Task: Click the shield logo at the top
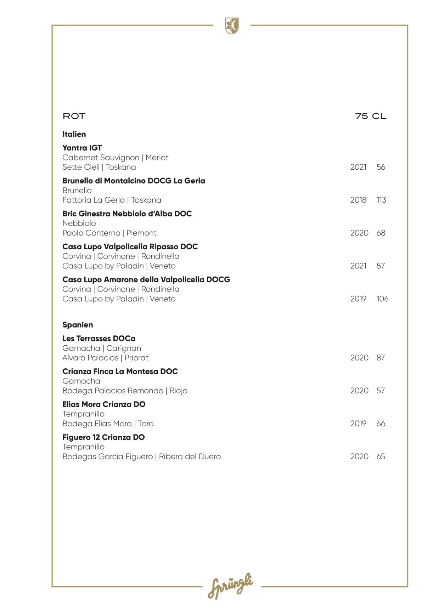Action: point(232,26)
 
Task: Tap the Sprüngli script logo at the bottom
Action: point(230,586)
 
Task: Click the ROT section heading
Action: point(74,116)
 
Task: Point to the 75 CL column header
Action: point(371,116)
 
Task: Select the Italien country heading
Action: point(74,134)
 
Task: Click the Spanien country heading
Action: point(78,325)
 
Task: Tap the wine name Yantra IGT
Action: point(82,148)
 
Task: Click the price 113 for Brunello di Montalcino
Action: point(381,200)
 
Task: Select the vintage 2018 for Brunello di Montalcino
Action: point(358,200)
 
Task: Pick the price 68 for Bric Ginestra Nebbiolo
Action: point(381,233)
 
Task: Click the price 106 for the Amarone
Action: point(382,299)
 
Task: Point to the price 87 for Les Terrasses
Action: point(381,358)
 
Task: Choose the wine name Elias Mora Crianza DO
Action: point(104,404)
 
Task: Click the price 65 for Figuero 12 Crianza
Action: point(381,457)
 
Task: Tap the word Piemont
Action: point(141,233)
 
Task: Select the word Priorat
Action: point(136,358)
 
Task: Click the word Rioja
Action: point(178,391)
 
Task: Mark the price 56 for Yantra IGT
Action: point(381,167)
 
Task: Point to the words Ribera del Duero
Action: point(190,457)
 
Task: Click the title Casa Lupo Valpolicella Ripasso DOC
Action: point(130,246)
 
